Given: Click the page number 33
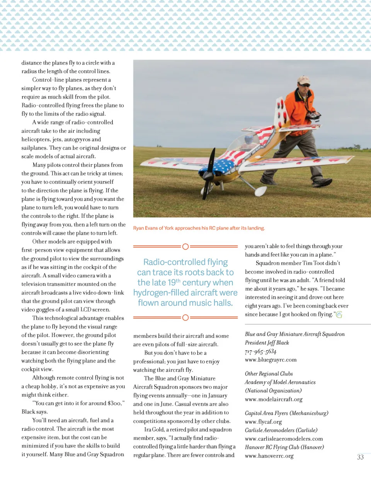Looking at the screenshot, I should pos(360,457).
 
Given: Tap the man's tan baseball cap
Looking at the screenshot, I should pos(303,80).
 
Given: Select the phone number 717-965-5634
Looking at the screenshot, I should pos(260,351).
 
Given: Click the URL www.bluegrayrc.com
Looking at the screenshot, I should pos(271,360).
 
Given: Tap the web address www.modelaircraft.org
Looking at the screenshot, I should pos(274,399).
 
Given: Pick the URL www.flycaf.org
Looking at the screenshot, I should pos(263,422).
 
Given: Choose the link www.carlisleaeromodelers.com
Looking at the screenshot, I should pos(284,439).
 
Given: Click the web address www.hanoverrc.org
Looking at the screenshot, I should pos(269,456).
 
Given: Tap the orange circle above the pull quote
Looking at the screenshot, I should pos(185,246).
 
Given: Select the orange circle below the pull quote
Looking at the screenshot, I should pos(185,318).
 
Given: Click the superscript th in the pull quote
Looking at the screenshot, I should pos(178,281).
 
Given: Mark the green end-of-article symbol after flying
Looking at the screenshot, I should pos(339,315).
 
